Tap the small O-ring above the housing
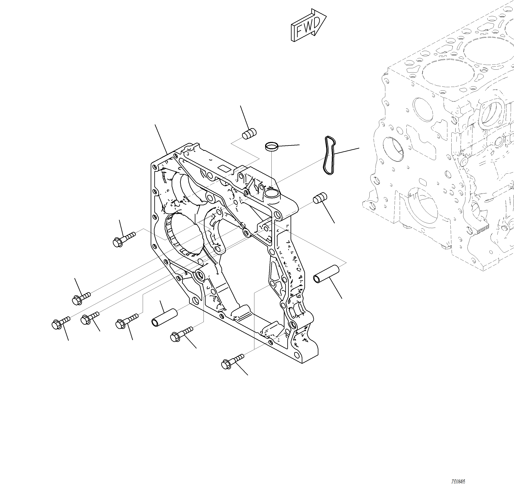271,146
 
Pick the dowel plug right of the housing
320,198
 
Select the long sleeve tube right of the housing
326,274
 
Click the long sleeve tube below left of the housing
164,318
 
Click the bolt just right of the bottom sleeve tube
181,334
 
